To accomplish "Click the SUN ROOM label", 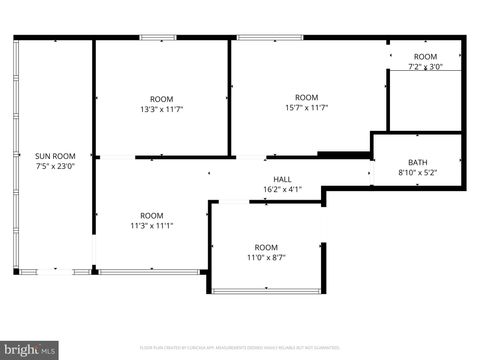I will (54, 156).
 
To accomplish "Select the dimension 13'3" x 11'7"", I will (161, 109).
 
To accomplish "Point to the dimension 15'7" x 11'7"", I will (306, 107).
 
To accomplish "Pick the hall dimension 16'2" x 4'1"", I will (282, 189).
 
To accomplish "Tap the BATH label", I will (417, 163).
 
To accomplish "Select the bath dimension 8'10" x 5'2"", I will (417, 173).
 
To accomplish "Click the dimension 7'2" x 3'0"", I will (425, 67).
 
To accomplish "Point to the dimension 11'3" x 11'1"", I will (151, 225).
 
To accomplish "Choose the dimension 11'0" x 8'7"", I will (266, 257).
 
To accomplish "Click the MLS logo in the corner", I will (29, 350).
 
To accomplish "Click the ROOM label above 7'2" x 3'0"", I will (425, 57).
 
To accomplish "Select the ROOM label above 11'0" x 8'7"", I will (266, 247).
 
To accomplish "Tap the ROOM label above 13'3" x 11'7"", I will (161, 99).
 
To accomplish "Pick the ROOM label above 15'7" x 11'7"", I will (306, 97).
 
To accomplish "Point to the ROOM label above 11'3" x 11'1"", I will (151, 215).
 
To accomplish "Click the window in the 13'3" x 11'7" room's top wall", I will (159, 38).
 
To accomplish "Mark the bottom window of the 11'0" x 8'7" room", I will (265, 291).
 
